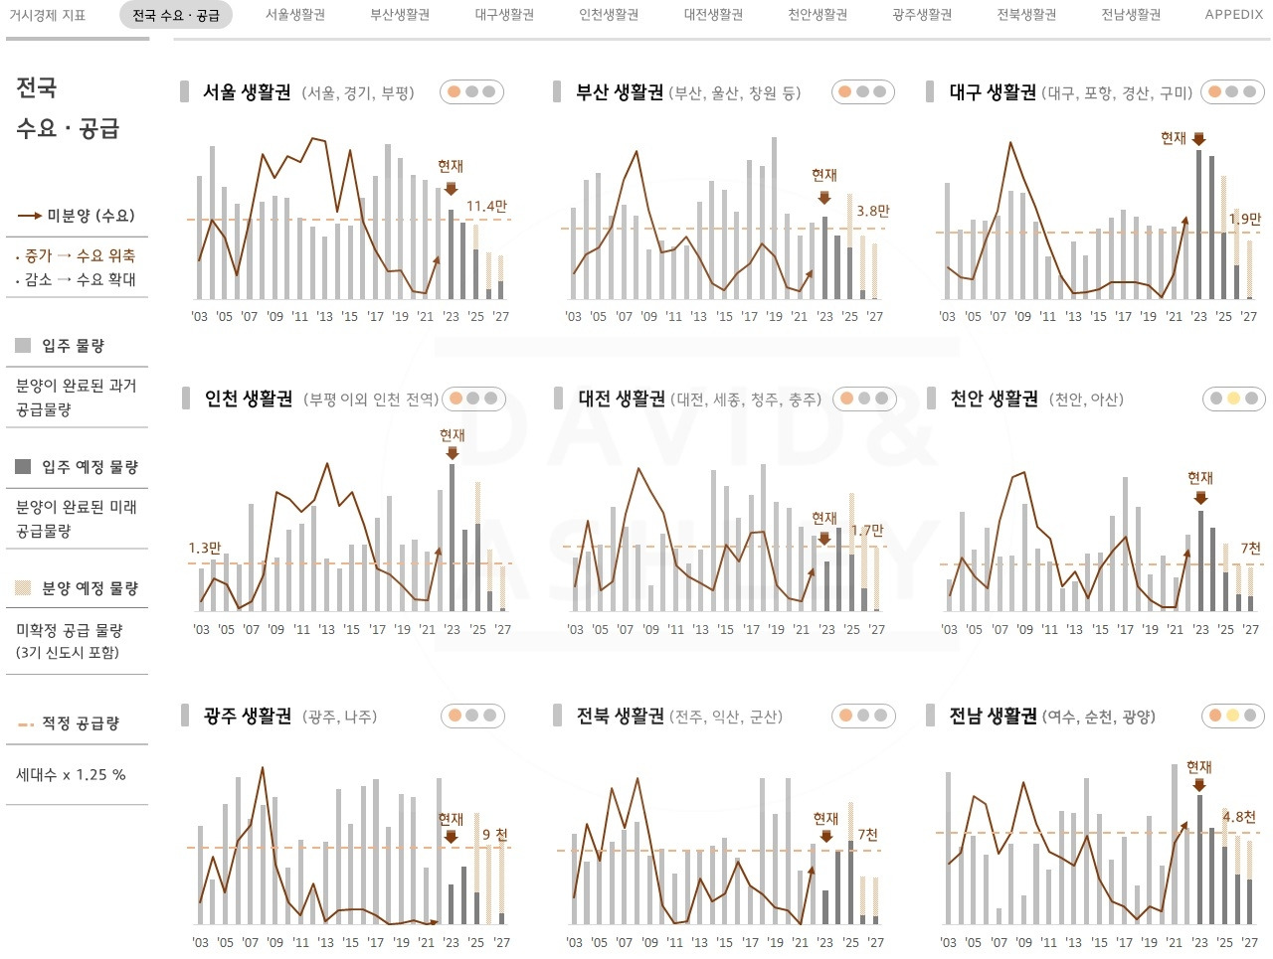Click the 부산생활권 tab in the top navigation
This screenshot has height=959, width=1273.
400,15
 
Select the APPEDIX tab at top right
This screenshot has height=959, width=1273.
1233,15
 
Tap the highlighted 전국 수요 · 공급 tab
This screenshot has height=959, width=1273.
176,15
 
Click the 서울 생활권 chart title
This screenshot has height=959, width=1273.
247,92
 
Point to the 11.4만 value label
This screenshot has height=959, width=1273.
486,207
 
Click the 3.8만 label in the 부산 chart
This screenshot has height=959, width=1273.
872,211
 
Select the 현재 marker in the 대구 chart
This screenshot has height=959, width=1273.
1174,138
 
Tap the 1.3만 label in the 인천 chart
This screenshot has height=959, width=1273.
204,548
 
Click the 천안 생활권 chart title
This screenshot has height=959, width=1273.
993,399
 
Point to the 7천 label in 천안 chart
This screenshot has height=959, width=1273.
1250,548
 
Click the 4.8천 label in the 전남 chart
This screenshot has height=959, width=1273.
1239,816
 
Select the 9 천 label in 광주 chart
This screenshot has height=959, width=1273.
494,835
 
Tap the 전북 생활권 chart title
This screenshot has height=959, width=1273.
620,716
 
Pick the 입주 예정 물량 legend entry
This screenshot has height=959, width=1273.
90,467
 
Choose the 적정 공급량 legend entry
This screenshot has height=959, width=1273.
80,723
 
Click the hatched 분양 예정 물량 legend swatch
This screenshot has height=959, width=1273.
23,588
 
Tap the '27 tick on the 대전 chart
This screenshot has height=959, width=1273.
876,629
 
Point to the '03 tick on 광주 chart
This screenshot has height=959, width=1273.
200,942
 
